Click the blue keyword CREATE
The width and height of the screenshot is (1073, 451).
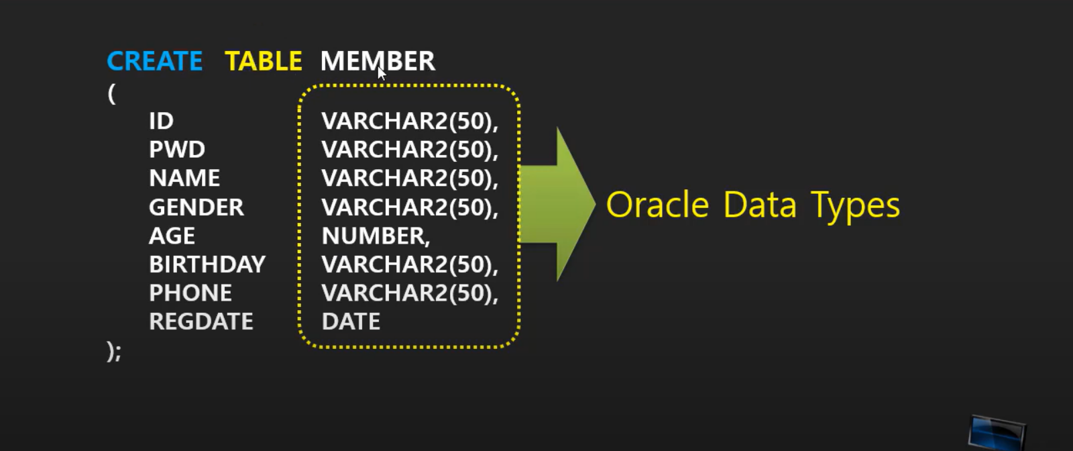point(154,61)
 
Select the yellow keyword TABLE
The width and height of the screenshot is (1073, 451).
point(263,61)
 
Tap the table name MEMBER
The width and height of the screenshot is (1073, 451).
point(378,61)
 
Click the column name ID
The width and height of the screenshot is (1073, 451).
point(161,121)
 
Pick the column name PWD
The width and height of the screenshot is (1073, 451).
point(177,149)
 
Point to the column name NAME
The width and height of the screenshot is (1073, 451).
point(184,178)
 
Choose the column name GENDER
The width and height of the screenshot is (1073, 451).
point(196,207)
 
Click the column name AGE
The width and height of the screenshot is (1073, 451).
point(172,236)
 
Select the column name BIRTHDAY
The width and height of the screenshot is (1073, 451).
point(207,264)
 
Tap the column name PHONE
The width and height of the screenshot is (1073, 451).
point(190,293)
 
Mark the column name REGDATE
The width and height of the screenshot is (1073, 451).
point(201,321)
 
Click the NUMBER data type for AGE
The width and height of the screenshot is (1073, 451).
point(375,236)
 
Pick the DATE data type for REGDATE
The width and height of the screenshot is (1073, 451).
point(351,321)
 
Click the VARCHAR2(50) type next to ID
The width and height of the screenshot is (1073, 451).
point(409,121)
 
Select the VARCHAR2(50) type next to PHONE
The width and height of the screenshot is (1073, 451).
point(409,293)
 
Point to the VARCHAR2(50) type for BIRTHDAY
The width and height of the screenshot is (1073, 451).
point(409,264)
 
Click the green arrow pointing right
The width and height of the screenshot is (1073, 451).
point(560,204)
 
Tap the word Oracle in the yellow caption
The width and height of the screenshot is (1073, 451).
point(657,205)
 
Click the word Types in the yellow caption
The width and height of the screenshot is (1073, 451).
point(855,205)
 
